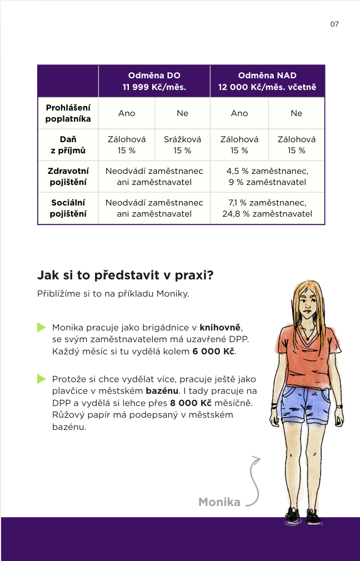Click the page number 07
[334, 24]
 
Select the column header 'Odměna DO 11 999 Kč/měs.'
[154, 81]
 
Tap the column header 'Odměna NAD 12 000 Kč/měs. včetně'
[267, 81]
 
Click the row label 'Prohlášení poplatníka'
[68, 113]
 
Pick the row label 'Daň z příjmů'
[68, 144]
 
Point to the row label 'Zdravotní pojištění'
[68, 176]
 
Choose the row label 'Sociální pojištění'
[68, 208]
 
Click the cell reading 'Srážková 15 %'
[182, 144]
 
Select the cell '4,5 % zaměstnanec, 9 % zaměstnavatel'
[267, 176]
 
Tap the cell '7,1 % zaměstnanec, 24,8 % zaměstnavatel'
[267, 208]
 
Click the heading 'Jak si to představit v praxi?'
[126, 275]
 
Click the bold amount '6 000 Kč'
[214, 352]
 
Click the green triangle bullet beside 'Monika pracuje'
[41, 328]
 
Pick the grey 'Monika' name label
[219, 502]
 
